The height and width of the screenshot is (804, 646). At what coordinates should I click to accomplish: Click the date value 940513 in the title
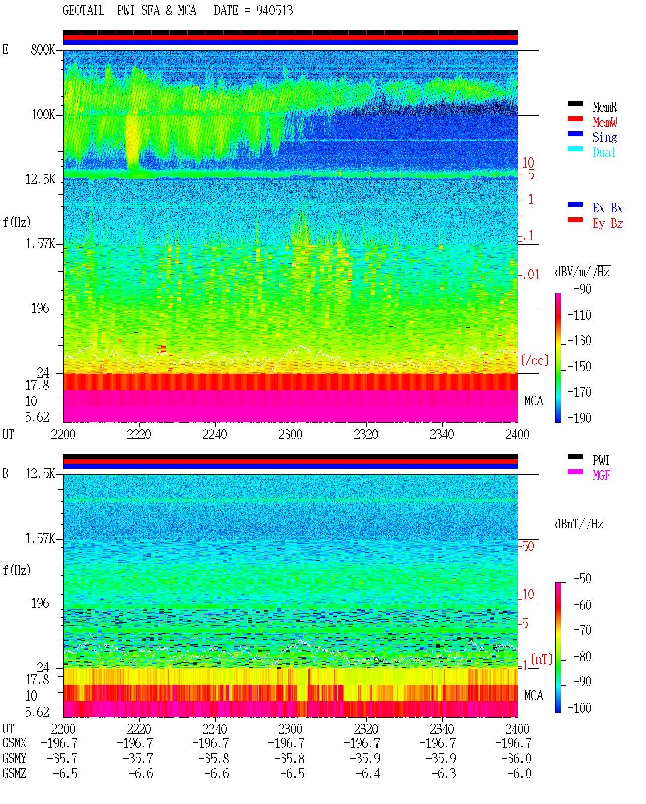point(275,11)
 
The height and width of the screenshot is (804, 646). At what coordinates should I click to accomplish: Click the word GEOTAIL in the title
point(84,11)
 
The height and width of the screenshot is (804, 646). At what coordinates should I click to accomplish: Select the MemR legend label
point(605,107)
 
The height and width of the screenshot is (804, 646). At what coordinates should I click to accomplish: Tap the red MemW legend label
point(605,122)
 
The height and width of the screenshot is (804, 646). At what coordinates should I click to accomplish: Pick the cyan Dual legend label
point(604,152)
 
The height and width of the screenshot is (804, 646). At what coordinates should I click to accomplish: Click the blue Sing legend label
point(605,137)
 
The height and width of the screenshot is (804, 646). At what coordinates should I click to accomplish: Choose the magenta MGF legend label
point(601,475)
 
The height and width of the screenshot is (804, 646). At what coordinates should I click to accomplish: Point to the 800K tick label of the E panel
point(43,49)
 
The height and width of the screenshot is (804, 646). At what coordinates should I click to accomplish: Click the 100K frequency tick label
point(43,115)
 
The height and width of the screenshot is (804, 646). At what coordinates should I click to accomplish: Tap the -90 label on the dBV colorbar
point(582,289)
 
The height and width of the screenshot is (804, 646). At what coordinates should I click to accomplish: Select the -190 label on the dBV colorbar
point(579,418)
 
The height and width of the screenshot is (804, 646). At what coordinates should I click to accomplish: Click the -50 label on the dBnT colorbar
point(582,579)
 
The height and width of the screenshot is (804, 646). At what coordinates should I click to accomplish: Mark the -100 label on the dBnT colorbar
point(579,708)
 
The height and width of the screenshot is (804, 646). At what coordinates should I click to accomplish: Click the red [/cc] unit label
point(534,360)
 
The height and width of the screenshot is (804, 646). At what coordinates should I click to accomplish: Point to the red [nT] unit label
point(542,659)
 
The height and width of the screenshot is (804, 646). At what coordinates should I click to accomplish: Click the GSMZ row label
point(14,773)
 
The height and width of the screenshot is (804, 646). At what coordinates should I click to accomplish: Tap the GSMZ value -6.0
point(519,773)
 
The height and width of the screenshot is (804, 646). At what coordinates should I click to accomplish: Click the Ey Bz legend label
point(608,224)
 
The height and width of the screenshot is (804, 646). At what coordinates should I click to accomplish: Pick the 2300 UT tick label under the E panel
point(290,435)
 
